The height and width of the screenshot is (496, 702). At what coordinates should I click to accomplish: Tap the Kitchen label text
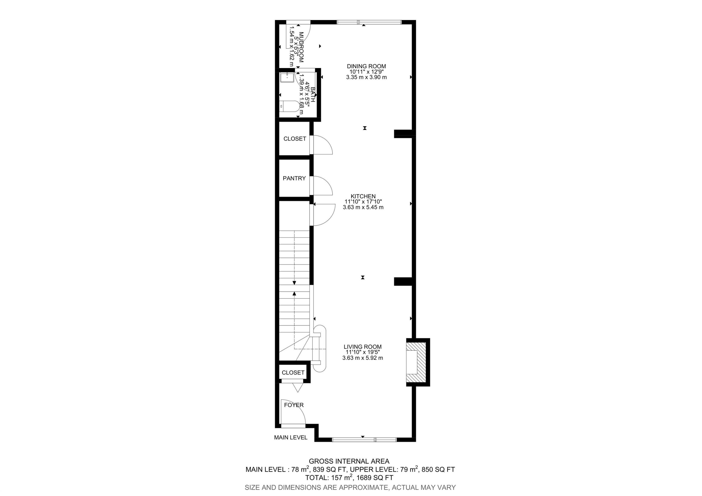click(x=363, y=196)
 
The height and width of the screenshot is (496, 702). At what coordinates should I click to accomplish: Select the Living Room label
click(x=363, y=347)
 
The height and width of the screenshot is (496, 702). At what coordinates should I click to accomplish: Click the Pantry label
click(x=294, y=178)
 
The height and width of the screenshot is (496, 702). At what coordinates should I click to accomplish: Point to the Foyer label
click(x=294, y=405)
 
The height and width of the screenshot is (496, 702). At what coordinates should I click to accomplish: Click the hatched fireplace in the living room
click(x=416, y=362)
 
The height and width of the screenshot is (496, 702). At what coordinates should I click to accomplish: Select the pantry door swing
click(x=322, y=185)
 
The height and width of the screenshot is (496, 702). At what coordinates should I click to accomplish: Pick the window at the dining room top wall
click(x=369, y=22)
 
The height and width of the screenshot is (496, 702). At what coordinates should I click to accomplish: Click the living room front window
click(x=364, y=440)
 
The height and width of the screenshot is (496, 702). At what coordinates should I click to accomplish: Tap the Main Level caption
click(x=290, y=437)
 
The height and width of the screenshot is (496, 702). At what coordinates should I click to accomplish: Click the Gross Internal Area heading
click(x=349, y=461)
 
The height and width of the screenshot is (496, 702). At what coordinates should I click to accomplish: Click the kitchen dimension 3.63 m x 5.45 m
click(x=363, y=207)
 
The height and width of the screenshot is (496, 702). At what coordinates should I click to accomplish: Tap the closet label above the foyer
click(x=293, y=372)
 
